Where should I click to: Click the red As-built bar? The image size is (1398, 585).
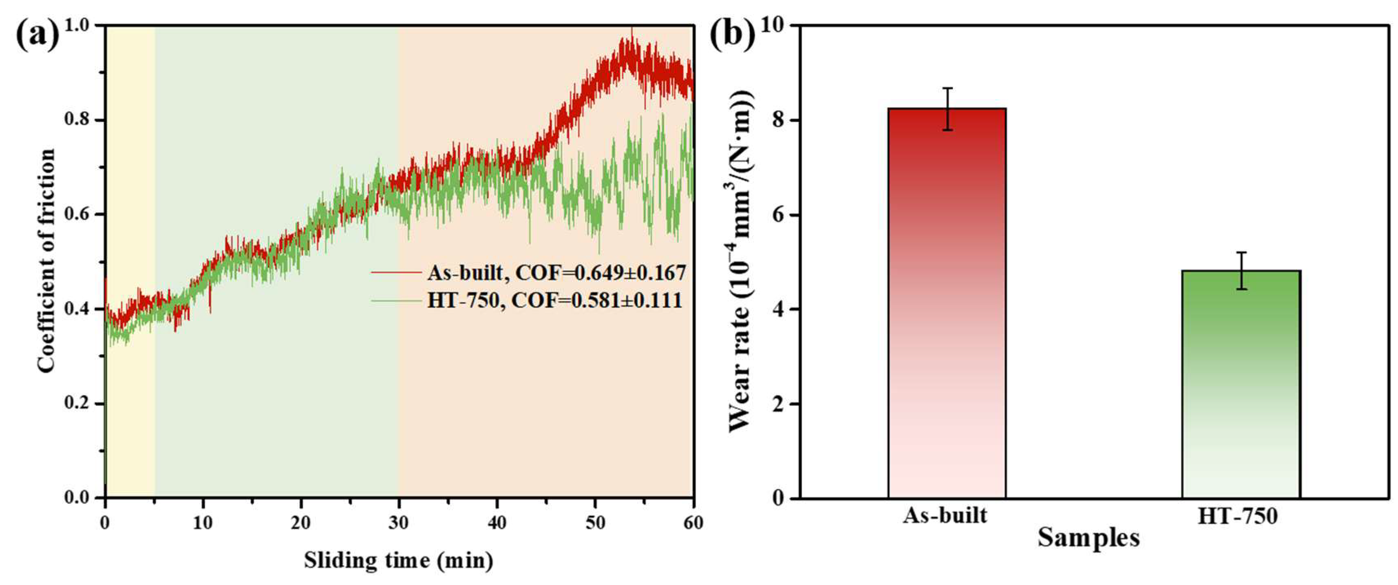click(947, 303)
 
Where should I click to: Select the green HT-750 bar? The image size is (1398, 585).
click(1241, 384)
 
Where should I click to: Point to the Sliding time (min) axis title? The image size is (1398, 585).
click(399, 560)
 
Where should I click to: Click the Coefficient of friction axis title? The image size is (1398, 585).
click(46, 260)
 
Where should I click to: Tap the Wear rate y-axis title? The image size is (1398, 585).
click(740, 260)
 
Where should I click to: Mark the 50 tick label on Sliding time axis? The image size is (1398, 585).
click(595, 523)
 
